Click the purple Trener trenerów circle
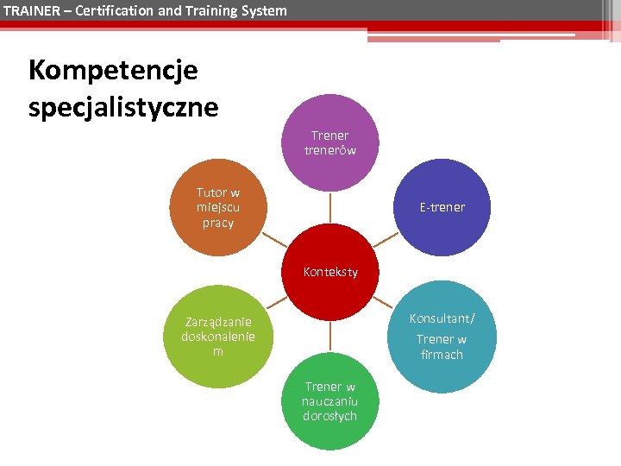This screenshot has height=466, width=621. (x=329, y=142)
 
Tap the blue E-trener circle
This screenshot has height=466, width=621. (x=442, y=207)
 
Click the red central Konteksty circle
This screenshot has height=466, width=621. (x=329, y=272)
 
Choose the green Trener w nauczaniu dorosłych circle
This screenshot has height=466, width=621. (x=329, y=401)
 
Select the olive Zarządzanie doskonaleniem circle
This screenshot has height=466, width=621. (x=218, y=337)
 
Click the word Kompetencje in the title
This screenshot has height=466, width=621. (x=113, y=70)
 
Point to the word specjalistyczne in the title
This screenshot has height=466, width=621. (x=123, y=107)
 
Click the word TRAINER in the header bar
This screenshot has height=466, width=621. (x=28, y=10)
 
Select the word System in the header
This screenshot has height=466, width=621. (x=263, y=10)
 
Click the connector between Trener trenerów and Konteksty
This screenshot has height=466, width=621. (x=329, y=207)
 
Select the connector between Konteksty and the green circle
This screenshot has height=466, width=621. (x=329, y=337)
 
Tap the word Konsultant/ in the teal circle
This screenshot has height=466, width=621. (x=442, y=318)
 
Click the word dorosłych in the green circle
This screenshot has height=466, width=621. (x=329, y=417)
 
